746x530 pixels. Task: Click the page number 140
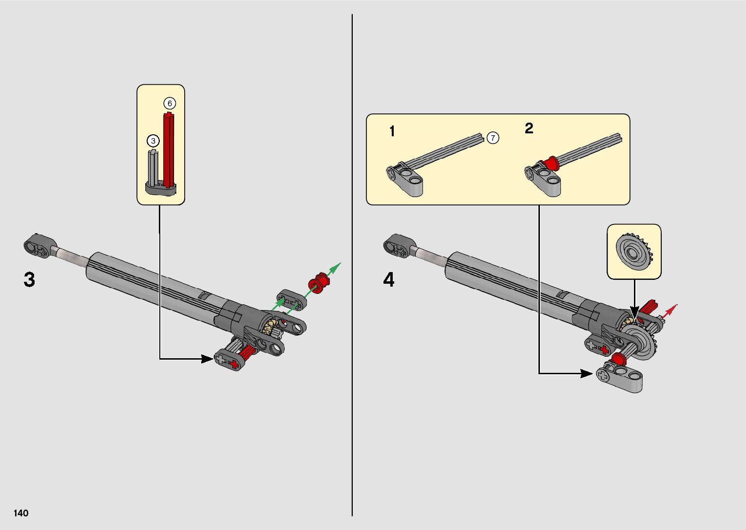click(21, 513)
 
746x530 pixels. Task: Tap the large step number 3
click(29, 280)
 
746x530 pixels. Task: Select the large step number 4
click(388, 280)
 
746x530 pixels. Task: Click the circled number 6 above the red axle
click(170, 103)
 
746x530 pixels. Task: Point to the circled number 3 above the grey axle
click(153, 141)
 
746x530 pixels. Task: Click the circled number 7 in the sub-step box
click(493, 138)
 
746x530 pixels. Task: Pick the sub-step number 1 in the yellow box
click(392, 131)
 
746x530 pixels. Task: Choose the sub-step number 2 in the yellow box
click(529, 128)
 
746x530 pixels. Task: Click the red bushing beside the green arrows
click(318, 282)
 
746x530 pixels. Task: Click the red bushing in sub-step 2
click(550, 164)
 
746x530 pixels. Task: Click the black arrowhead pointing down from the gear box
click(634, 311)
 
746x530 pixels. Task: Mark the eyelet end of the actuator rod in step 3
click(37, 245)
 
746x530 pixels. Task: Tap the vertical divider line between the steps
click(352, 265)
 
